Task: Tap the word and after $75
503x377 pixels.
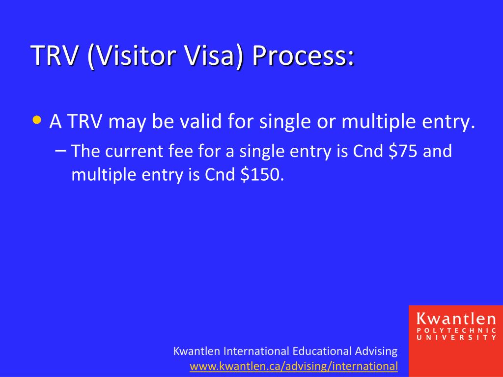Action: click(437, 151)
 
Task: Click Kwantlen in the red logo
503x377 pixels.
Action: click(456, 319)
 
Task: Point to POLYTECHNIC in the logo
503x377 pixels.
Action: click(456, 330)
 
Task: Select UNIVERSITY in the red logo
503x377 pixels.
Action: click(456, 337)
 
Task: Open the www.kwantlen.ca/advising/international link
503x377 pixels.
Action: click(293, 366)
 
